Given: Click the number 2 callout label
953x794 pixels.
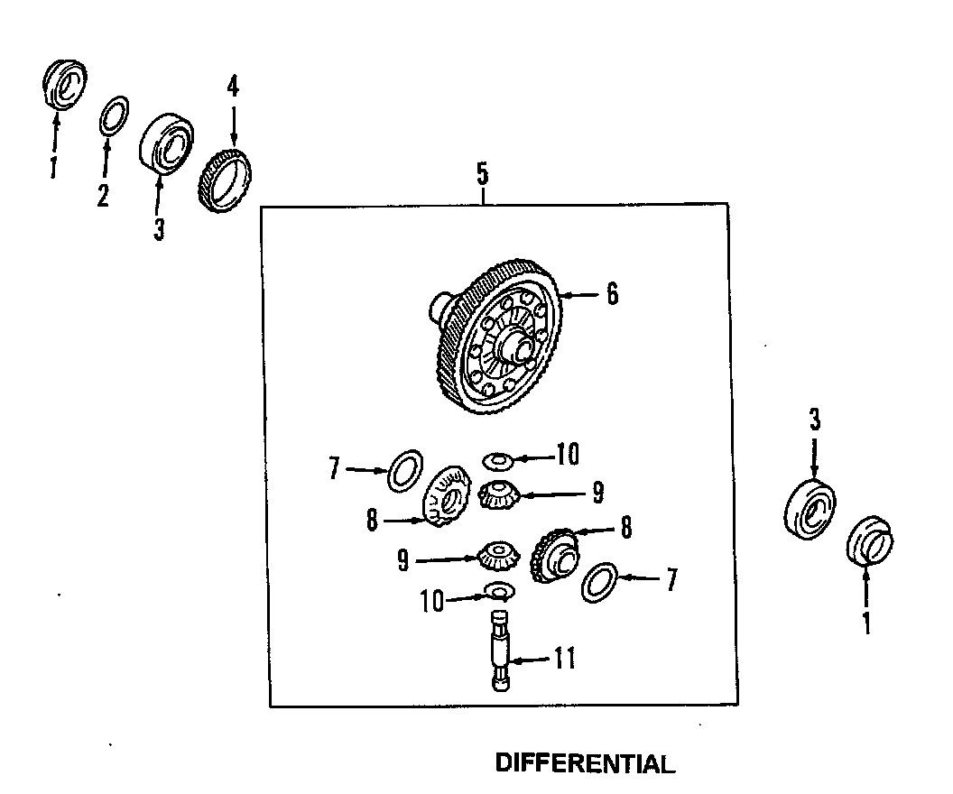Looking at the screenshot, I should point(104,195).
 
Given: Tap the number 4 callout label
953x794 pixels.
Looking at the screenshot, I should point(233,87).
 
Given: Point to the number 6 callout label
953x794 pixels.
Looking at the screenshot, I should point(612,294).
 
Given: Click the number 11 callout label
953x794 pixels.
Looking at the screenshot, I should point(564,660).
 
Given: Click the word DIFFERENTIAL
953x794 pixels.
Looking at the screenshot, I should point(585,764).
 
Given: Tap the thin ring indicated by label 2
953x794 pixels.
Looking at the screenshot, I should point(112,115).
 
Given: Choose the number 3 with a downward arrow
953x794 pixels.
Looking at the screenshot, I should point(814,419).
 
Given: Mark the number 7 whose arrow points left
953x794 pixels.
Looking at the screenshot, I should point(671,580).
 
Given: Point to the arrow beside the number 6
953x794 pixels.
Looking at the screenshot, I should point(582,294).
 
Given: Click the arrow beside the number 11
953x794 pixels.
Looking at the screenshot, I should point(532,660).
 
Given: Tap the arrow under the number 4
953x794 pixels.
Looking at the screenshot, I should point(233,122).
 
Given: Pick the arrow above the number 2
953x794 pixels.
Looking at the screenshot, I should point(105,159).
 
